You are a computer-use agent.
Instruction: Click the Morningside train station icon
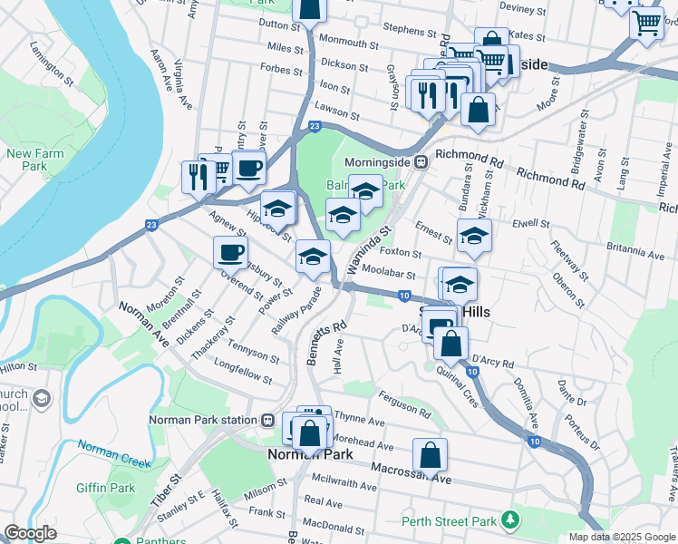tap(421, 162)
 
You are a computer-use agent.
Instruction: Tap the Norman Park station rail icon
tap(268, 420)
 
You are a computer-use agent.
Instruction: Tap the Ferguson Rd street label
tap(405, 404)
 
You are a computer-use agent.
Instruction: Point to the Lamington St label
tap(50, 57)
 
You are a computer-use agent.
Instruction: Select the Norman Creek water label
tap(113, 453)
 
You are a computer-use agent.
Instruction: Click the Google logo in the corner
tap(30, 533)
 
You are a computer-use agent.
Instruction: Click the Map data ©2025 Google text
tap(621, 537)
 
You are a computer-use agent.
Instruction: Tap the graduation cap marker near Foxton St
tap(474, 237)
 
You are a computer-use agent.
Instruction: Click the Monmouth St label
tap(348, 44)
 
